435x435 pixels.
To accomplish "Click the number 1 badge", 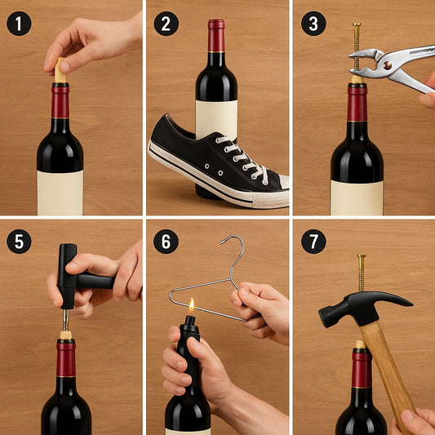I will [x=19, y=23].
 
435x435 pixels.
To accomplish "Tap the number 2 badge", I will [x=166, y=23].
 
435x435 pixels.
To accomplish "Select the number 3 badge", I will [x=313, y=23].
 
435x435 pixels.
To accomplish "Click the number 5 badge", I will [x=19, y=241].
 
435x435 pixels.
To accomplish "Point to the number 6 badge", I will [x=166, y=241].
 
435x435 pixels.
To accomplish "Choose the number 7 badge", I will [x=313, y=241].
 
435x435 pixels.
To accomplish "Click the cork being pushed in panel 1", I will [x=60, y=74].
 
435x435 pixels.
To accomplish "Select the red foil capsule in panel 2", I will [x=215, y=37].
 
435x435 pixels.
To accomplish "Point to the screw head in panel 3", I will [x=357, y=25].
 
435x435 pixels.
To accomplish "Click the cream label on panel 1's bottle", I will [x=60, y=193].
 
